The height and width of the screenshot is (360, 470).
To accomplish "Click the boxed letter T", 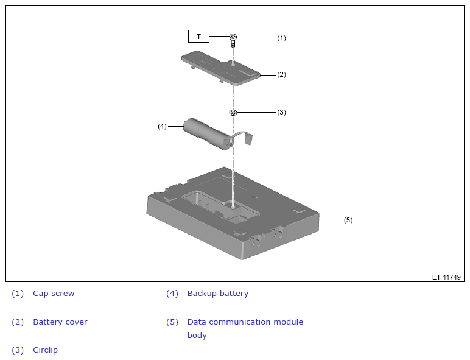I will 198,37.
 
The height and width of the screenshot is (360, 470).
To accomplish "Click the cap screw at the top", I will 233,40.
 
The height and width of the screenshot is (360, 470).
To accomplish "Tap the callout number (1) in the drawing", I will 281,38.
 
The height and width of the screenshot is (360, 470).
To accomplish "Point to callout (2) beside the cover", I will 281,74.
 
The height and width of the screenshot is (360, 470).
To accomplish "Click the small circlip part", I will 233,113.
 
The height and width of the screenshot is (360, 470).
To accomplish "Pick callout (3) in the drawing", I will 281,112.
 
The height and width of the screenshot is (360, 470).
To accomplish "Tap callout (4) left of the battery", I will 162,126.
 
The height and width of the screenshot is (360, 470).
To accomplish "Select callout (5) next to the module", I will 348,220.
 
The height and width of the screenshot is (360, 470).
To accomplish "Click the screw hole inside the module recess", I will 233,206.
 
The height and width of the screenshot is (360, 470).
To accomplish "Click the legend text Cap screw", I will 54,294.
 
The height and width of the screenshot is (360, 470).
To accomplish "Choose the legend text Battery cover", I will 60,322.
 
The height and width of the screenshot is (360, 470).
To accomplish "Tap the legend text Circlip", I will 45,350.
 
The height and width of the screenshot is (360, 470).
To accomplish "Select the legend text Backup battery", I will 218,294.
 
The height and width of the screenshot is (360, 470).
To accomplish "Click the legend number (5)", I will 172,322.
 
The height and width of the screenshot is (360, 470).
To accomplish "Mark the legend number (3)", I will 18,350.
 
